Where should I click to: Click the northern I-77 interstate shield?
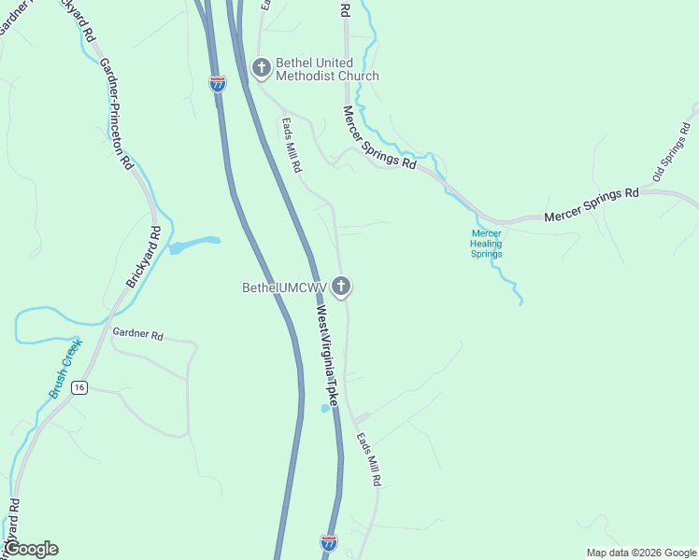(218, 83)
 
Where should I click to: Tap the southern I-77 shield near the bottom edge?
(328, 541)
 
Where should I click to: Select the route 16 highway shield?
(80, 387)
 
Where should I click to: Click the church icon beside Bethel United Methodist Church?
(261, 67)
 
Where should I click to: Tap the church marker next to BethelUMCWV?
(342, 287)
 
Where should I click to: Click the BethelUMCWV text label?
(285, 287)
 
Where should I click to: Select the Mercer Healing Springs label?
(486, 244)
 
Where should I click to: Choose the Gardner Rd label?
(137, 334)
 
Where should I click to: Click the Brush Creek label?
(65, 368)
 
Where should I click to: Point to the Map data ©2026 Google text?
(641, 553)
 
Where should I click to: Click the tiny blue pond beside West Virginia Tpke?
(325, 408)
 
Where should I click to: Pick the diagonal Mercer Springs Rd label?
(379, 137)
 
